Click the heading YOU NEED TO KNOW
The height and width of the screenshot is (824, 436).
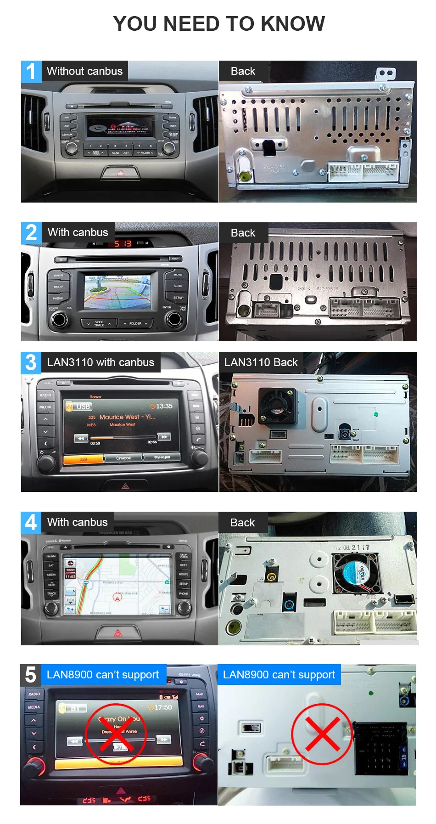(219, 24)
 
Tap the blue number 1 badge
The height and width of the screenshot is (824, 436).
(31, 72)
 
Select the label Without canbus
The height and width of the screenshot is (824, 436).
(85, 71)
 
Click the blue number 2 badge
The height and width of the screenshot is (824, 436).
(31, 233)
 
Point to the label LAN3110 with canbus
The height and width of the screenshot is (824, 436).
(101, 362)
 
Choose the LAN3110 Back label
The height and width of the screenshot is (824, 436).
(261, 362)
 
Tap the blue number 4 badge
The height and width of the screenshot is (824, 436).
(31, 523)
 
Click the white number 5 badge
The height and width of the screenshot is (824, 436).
(30, 675)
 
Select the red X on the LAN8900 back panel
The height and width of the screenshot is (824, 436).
(322, 734)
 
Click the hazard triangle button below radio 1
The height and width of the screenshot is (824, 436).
(120, 173)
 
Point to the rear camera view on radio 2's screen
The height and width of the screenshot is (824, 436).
(117, 292)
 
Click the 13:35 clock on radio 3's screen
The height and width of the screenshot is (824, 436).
(162, 406)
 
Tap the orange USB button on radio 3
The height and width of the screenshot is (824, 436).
(83, 459)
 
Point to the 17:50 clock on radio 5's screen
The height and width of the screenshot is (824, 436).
(161, 707)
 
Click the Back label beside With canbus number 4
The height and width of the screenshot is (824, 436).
(242, 523)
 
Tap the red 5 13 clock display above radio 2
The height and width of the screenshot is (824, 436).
(123, 243)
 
